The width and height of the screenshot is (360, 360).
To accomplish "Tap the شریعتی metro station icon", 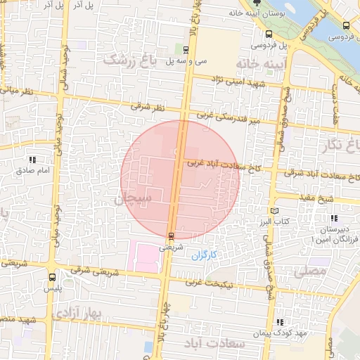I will (x=171, y=236).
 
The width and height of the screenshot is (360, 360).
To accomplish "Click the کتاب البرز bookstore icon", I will (x=274, y=210).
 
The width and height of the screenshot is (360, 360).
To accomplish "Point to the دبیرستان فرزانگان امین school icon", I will (x=333, y=218).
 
